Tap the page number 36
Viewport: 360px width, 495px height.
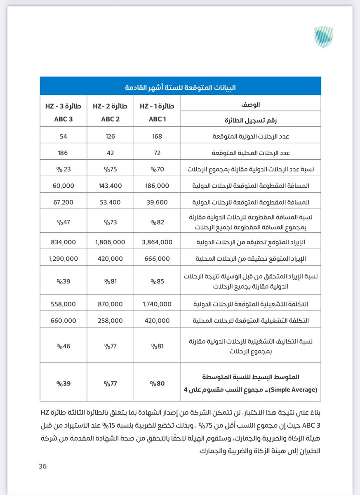click(x=42, y=466)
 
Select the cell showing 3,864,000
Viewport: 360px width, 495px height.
click(x=157, y=242)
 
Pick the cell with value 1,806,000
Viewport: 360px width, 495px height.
click(x=110, y=242)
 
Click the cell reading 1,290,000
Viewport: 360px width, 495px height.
click(x=64, y=259)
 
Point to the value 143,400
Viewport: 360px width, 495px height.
click(x=110, y=186)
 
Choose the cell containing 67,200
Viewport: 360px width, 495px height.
click(x=64, y=203)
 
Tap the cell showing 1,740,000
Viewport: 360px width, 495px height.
click(x=157, y=304)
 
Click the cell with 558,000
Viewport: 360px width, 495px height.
click(x=64, y=304)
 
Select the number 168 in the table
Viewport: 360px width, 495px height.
click(x=157, y=136)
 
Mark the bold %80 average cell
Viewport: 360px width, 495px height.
click(x=157, y=383)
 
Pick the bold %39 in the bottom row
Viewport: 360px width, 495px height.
click(x=64, y=383)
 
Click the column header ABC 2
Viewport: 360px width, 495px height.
click(x=110, y=120)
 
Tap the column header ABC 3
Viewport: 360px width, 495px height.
click(x=64, y=120)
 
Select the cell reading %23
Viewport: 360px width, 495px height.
click(x=64, y=169)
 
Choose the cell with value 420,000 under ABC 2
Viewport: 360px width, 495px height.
click(x=110, y=259)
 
